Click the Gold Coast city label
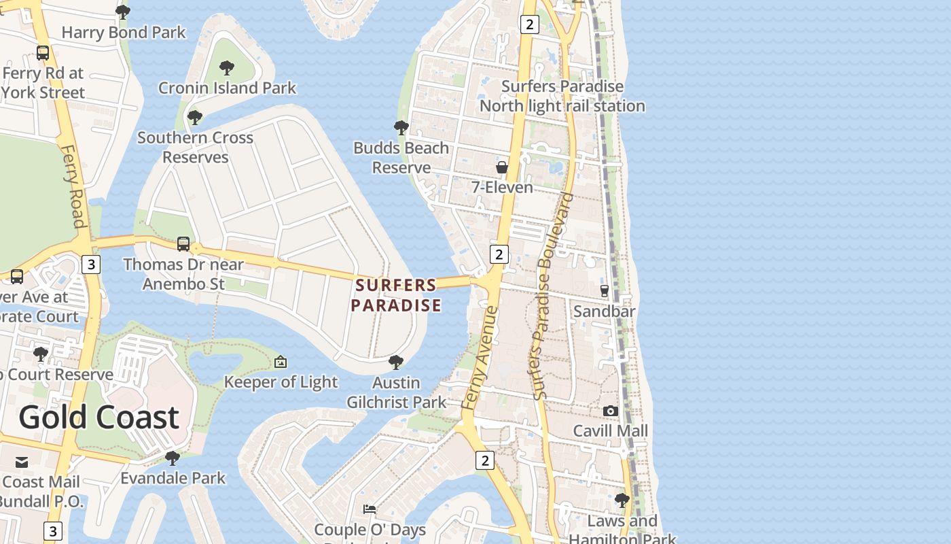(x=98, y=417)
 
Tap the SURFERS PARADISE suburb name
(x=396, y=295)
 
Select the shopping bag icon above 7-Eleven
(x=502, y=167)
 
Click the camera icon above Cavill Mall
(x=610, y=411)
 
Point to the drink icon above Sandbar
(x=605, y=291)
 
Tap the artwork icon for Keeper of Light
(x=280, y=362)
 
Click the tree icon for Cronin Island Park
(x=227, y=68)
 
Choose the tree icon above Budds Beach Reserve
(x=401, y=128)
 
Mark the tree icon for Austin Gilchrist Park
(x=396, y=362)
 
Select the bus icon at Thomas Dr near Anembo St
(x=183, y=244)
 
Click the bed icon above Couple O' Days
(x=370, y=509)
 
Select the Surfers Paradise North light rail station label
(x=562, y=96)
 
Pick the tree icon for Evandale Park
(x=173, y=458)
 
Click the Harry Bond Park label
(x=124, y=32)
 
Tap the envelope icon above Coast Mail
(x=22, y=463)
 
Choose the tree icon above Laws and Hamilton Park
(x=622, y=501)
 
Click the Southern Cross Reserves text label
(x=195, y=147)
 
